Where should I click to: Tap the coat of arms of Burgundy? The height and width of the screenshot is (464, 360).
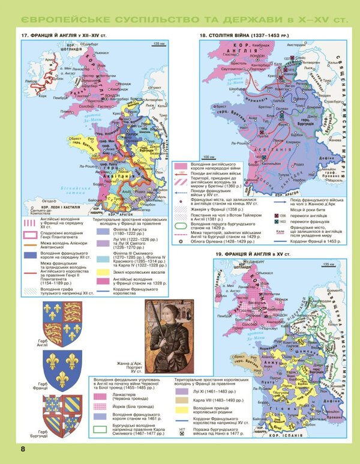point(62,414)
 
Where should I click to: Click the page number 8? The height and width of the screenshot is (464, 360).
point(22,449)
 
